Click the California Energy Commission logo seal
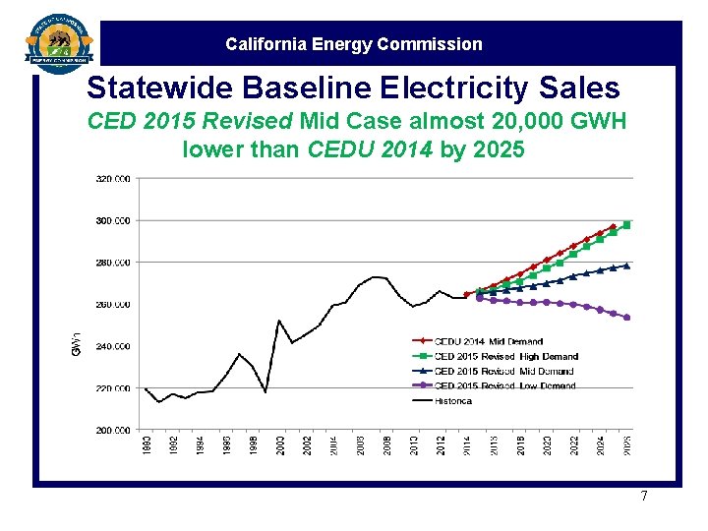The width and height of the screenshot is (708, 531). [x=59, y=42]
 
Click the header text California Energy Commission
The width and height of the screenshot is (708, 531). [x=354, y=44]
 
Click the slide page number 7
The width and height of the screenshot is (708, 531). [x=644, y=497]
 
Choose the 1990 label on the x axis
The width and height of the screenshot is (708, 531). [x=147, y=444]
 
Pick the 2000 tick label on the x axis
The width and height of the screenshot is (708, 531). [x=280, y=444]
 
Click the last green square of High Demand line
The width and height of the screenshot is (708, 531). [x=626, y=225]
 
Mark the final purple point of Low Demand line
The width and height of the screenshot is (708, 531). [x=626, y=318]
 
